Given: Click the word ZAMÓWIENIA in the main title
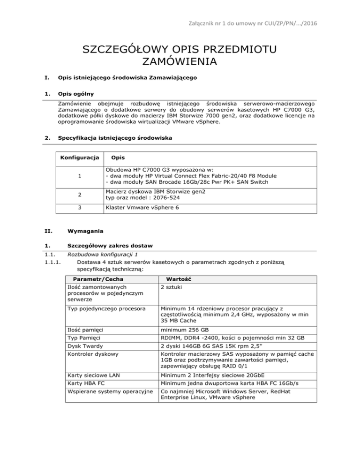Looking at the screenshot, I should click(x=180, y=61).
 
